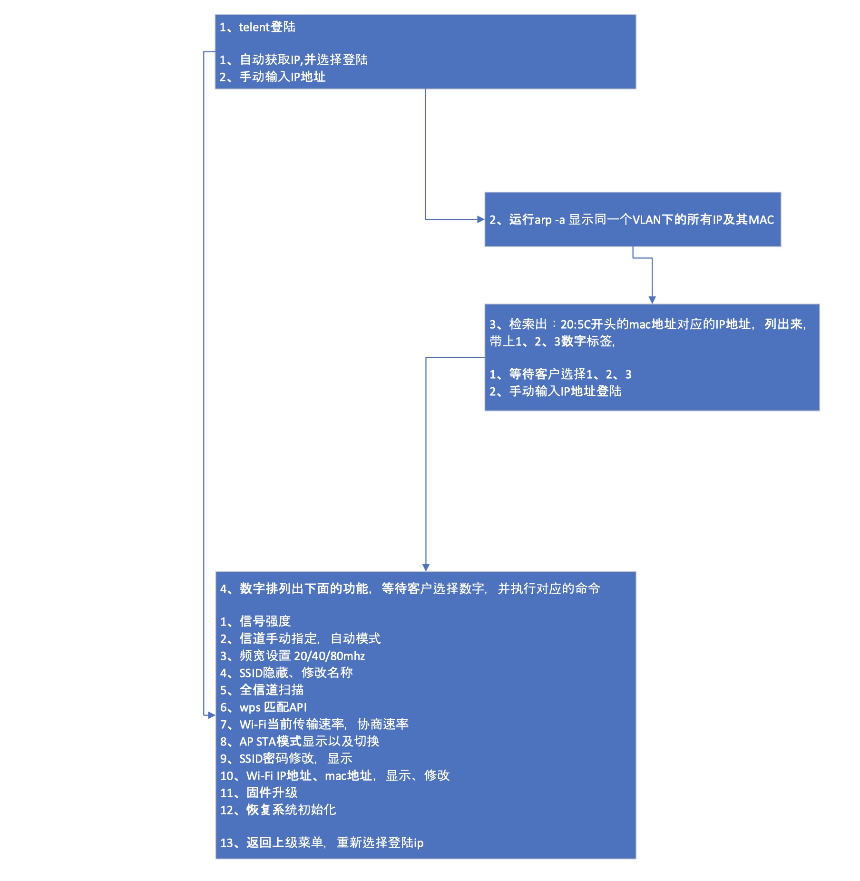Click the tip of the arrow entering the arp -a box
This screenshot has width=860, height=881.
coord(485,219)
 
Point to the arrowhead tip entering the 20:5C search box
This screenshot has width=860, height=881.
coord(652,303)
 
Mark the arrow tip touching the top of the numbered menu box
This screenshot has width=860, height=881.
coord(426,571)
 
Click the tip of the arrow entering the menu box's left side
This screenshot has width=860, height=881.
coord(215,715)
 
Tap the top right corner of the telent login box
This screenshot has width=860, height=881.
coord(636,15)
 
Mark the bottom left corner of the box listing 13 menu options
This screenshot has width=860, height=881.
coord(215,859)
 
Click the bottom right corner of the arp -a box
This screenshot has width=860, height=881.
coord(781,246)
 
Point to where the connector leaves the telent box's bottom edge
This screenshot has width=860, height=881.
coord(426,89)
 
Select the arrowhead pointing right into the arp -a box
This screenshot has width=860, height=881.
coord(481,219)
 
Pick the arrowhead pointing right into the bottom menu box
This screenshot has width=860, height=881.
coord(212,715)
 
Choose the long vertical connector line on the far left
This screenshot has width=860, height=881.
coord(204,383)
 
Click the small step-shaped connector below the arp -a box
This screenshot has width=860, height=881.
coord(643,258)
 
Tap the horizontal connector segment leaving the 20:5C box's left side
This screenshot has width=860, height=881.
coord(455,357)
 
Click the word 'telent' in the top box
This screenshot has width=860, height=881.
coord(254,27)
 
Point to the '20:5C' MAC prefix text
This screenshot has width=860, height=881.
coord(576,324)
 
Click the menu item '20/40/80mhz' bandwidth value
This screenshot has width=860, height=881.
coord(330,656)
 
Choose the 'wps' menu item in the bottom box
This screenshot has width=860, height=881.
coord(250,708)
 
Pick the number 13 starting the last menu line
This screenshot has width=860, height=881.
coord(227,843)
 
